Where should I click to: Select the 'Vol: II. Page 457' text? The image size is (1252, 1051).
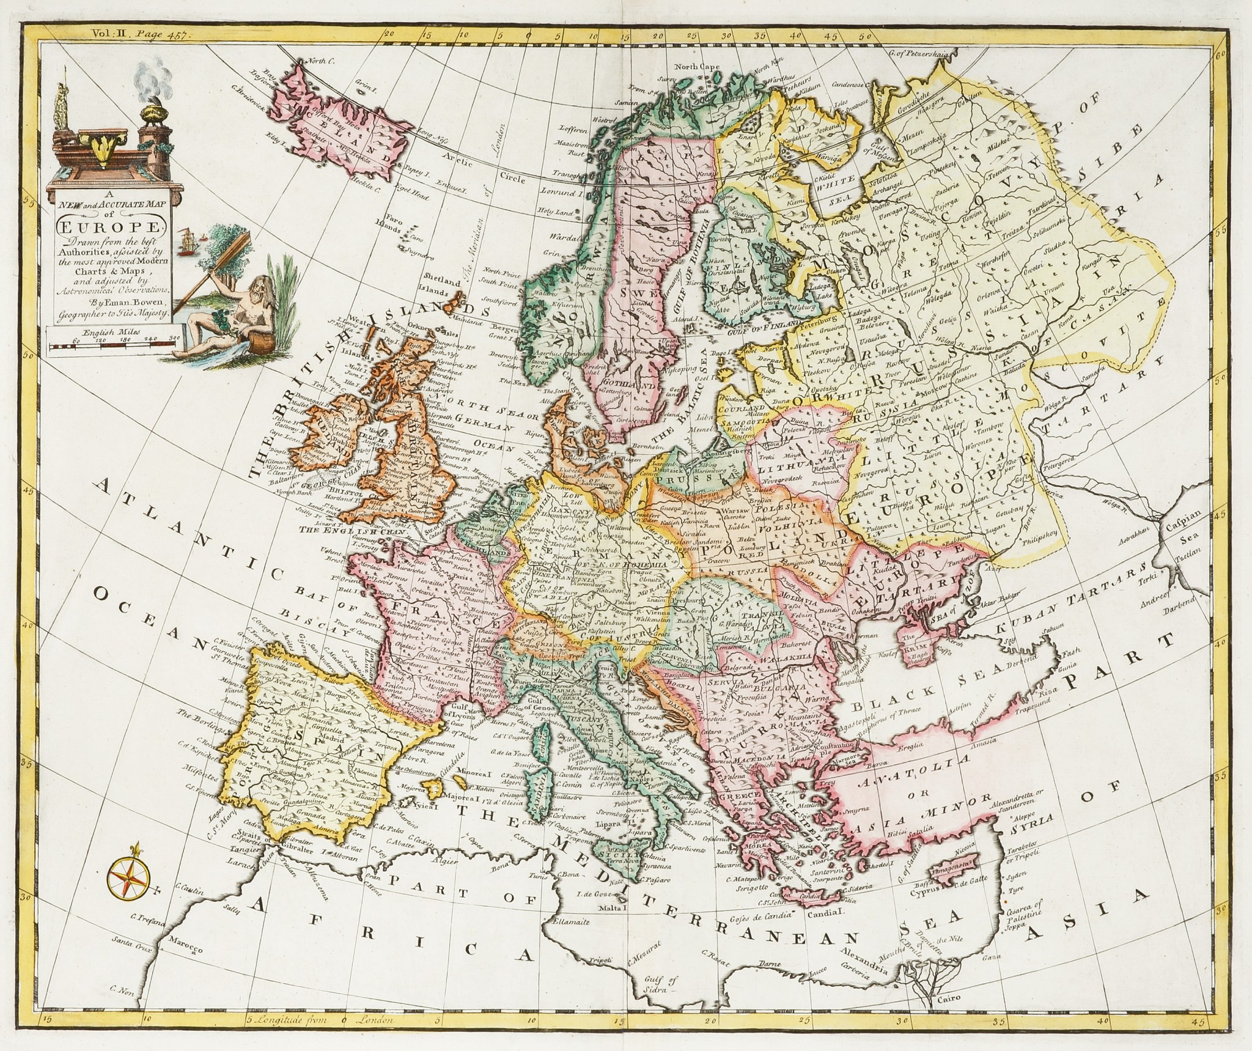140,36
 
